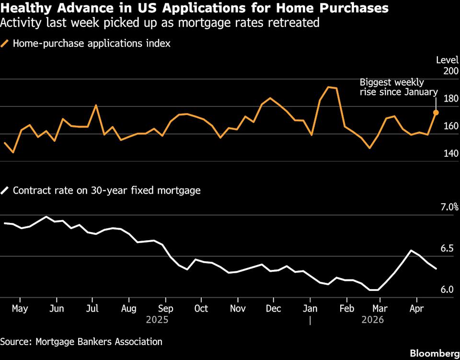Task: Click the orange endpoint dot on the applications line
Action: (436, 113)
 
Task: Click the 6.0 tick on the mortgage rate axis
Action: (447, 290)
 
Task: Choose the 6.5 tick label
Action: (447, 248)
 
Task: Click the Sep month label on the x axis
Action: (166, 308)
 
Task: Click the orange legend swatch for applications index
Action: (5, 44)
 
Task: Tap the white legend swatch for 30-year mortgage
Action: (5, 190)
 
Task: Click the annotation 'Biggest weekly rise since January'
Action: (399, 87)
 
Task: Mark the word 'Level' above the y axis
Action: (447, 60)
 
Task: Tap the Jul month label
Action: (93, 308)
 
